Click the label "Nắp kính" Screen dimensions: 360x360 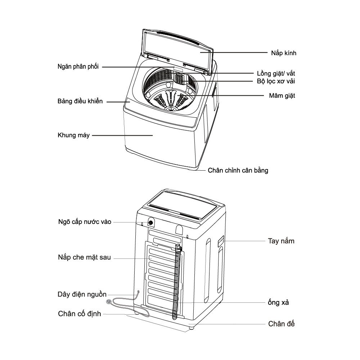point(284,53)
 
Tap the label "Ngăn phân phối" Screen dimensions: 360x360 point(78,67)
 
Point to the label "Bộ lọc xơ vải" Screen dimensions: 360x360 point(276,81)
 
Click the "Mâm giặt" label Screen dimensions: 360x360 point(282,96)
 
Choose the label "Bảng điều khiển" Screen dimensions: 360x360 point(80,101)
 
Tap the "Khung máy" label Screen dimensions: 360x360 point(73,136)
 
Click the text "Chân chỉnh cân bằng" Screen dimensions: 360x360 point(238,170)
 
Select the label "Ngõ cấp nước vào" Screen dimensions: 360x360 point(85,222)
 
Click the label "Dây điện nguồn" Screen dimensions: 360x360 point(82,294)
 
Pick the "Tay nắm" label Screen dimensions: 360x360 point(281,241)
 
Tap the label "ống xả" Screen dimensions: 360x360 point(279,302)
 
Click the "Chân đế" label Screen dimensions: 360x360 point(282,324)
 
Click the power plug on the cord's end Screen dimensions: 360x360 point(109,301)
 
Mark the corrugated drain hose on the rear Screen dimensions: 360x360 point(176,281)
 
